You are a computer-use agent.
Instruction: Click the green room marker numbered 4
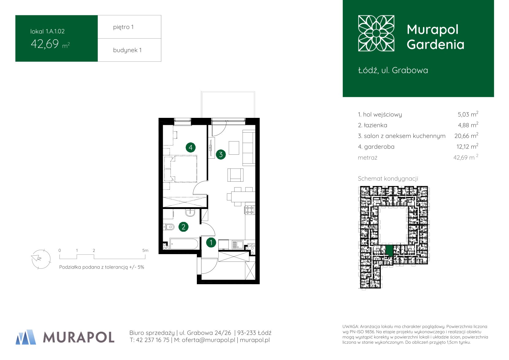coord(190,148)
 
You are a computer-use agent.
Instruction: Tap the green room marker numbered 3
coord(221,155)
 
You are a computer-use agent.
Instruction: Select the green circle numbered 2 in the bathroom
coord(183,227)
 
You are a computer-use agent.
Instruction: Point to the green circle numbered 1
coord(211,243)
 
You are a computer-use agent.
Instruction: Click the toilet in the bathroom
coord(169,227)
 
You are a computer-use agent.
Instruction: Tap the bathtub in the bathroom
coord(184,244)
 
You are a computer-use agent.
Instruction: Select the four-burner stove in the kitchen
coord(250,210)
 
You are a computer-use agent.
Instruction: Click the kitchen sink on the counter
coord(237,245)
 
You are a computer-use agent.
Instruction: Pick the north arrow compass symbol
coord(41,259)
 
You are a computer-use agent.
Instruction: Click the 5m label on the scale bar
coord(145,250)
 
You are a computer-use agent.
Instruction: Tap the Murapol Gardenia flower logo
coord(376,33)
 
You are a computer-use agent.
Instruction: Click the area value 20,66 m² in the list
coord(466,136)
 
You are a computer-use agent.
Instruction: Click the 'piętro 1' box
coord(129,27)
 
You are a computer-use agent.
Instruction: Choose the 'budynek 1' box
coord(129,50)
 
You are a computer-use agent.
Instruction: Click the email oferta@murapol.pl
coord(209,340)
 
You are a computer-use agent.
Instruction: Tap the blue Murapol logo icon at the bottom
coord(26,337)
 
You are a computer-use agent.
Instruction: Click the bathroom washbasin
coord(190,212)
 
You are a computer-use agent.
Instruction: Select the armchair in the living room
coord(235,175)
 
